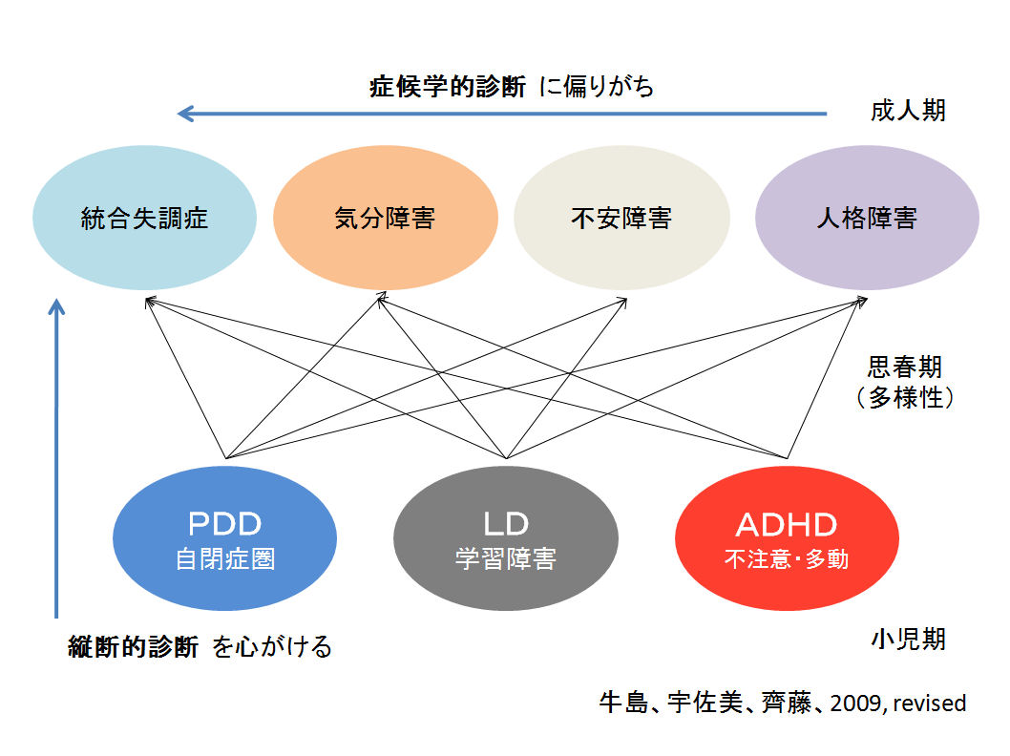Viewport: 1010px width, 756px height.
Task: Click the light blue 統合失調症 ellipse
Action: [144, 218]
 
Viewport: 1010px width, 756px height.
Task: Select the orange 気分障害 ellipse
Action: [385, 218]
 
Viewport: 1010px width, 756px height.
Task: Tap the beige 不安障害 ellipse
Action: [621, 218]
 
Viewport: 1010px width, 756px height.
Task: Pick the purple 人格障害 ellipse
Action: [867, 218]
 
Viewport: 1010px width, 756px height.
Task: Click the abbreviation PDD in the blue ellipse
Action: [224, 524]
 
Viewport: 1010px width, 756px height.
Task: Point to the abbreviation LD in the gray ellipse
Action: [506, 524]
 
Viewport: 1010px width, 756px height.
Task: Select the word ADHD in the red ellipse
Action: [787, 525]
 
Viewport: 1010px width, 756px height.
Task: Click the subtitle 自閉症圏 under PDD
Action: [224, 558]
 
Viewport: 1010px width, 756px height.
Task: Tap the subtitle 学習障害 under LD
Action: [506, 558]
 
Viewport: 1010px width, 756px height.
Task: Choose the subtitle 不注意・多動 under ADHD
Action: [787, 558]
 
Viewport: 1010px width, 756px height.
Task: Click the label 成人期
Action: [908, 111]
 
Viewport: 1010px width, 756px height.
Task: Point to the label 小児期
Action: [908, 639]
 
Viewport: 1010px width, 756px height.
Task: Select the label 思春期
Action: [905, 367]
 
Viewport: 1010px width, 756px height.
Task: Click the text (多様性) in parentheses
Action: [905, 397]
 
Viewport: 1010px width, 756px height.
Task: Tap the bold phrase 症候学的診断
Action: [448, 86]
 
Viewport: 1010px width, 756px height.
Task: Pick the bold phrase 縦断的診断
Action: [134, 646]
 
